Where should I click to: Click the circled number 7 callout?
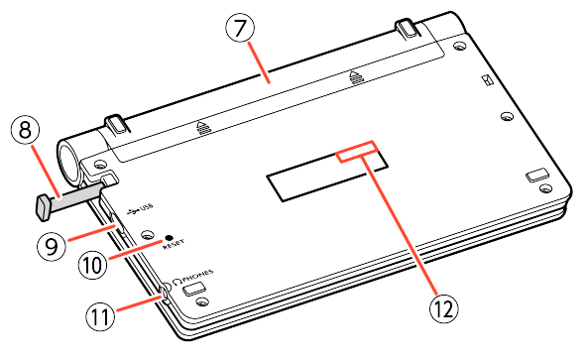(240, 28)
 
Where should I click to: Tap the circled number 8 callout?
(25, 130)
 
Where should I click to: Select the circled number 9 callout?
(52, 246)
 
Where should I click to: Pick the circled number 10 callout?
(92, 265)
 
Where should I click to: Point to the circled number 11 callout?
(100, 316)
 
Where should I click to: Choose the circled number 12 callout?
(444, 308)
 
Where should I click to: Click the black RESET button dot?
(169, 237)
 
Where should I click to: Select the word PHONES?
(198, 277)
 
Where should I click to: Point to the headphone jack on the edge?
(165, 294)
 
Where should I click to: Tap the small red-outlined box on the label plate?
(358, 152)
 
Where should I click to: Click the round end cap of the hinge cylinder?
(68, 163)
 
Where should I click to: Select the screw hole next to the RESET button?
(148, 235)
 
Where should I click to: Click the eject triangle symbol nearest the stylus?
(204, 127)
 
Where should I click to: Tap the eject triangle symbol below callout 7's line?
(356, 76)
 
